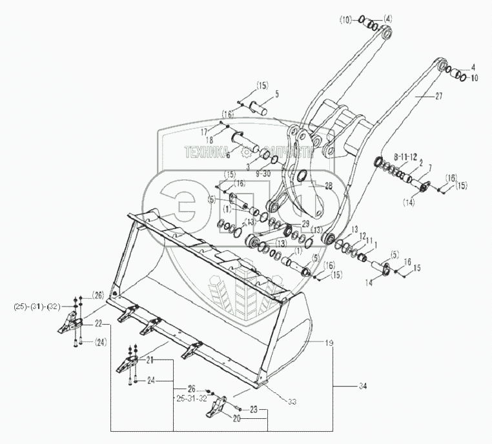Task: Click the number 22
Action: (99, 323)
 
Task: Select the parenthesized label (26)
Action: (96, 296)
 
